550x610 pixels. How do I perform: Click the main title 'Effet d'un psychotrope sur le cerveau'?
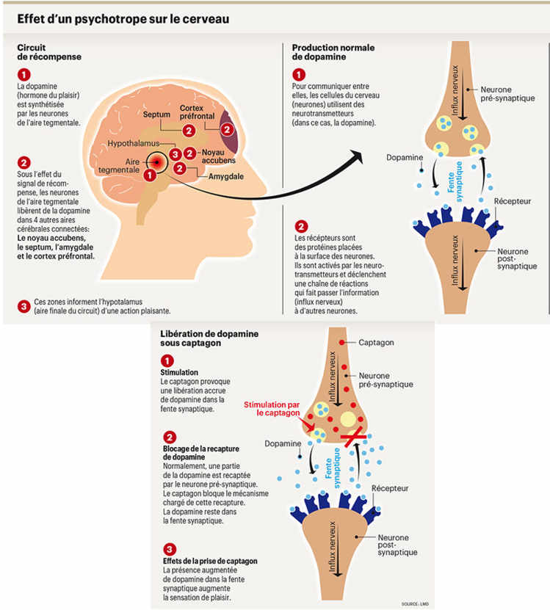tap(124, 18)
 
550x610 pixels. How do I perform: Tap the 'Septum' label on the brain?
tap(156, 115)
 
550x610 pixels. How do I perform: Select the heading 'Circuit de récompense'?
tap(49, 52)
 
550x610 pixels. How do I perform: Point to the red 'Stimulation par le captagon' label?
tap(273, 408)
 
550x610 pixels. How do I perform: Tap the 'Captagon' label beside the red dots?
tap(376, 343)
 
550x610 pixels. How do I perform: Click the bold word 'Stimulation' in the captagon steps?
tap(179, 372)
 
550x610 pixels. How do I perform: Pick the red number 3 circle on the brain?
tap(175, 153)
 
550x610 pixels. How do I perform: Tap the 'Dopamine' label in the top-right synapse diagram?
tap(404, 157)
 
